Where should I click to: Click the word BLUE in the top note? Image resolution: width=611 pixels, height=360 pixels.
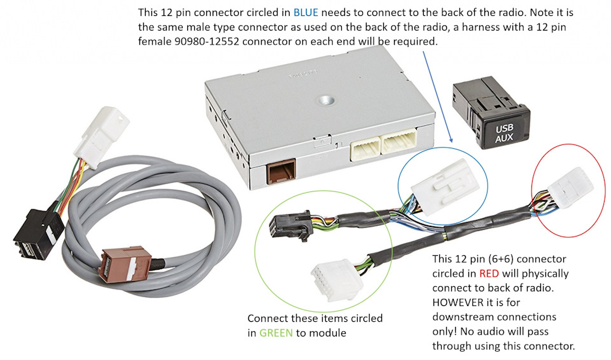305,13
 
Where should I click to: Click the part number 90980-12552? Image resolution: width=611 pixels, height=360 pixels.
206,41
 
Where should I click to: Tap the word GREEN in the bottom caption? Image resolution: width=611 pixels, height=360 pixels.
276,333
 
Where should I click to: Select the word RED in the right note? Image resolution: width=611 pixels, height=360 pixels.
489,273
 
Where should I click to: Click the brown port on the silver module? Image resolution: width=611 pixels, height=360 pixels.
281,172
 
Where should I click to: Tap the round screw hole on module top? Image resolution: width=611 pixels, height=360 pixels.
326,100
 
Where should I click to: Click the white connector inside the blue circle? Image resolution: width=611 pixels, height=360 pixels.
446,186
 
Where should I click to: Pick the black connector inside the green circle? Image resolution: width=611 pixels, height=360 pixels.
290,225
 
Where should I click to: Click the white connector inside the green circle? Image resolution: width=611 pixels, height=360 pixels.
337,280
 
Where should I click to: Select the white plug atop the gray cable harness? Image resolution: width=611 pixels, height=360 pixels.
102,135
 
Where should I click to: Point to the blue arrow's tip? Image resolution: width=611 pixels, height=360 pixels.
452,142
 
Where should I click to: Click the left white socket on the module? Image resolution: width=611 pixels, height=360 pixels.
365,148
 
